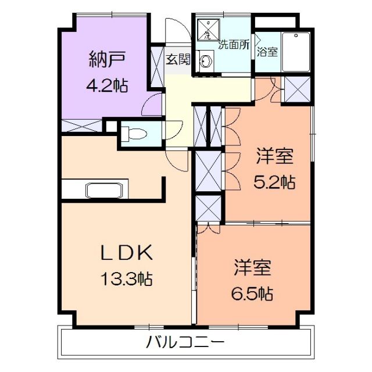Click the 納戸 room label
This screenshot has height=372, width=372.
click(108, 59)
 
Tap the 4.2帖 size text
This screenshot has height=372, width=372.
click(108, 85)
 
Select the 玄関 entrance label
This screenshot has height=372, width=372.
click(177, 60)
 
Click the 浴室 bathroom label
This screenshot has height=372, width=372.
click(267, 52)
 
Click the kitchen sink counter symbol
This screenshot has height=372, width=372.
click(105, 190)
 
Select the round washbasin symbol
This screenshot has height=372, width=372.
click(206, 60)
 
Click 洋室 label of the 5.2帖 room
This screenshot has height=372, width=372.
click(275, 156)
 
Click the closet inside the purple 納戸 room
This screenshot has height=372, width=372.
click(81, 126)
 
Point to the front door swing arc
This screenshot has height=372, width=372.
click(175, 29)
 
